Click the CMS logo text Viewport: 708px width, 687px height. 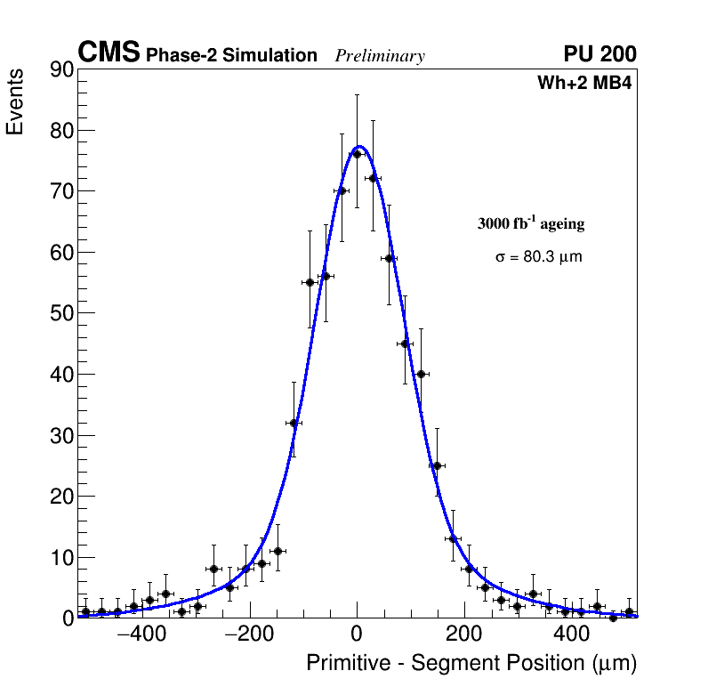(x=109, y=53)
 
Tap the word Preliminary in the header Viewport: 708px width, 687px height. (x=380, y=57)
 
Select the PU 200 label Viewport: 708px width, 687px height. (x=599, y=54)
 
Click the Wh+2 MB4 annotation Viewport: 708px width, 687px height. (x=584, y=84)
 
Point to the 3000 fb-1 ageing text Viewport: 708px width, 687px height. (x=531, y=223)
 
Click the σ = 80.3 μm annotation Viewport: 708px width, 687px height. (x=539, y=257)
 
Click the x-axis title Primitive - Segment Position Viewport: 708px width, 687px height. (x=471, y=663)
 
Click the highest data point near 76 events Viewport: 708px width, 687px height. (x=357, y=154)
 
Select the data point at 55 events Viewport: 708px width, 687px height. (x=310, y=282)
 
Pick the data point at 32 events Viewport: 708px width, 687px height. (x=294, y=423)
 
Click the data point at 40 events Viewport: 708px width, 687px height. (x=421, y=374)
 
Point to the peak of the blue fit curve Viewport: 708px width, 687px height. (x=359, y=146)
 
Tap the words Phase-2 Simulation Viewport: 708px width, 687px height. (x=231, y=56)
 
